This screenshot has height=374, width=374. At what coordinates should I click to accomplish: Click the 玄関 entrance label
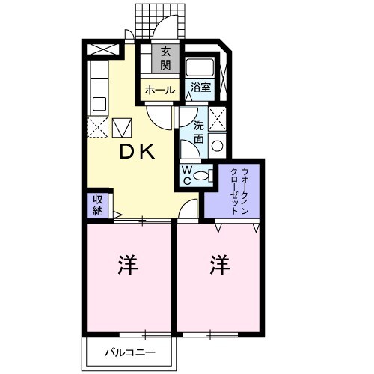165,58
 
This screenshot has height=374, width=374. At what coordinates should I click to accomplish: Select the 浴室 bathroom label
200,88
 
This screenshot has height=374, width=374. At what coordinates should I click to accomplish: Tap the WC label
187,175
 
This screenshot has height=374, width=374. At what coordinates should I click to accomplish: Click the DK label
138,152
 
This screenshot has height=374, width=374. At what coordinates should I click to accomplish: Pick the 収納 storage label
98,204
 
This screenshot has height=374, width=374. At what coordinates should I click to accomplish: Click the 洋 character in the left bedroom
127,266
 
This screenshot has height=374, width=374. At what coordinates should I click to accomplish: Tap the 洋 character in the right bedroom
218,264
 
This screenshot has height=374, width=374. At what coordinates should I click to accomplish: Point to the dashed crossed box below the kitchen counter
98,128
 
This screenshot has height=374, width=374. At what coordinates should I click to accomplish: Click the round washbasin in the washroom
218,147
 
